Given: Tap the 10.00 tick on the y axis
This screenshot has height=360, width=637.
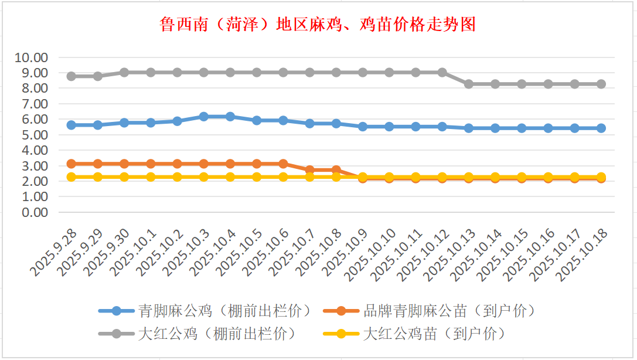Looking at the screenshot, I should [x=32, y=57].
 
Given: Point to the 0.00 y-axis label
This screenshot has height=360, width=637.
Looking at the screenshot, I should [x=34, y=212].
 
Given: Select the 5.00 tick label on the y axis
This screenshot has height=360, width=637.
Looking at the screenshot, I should [x=34, y=135].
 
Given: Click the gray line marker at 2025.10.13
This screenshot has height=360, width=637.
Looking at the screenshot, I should [x=469, y=84].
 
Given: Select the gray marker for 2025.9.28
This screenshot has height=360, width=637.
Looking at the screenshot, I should [x=71, y=76].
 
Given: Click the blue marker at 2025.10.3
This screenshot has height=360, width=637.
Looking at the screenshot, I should [x=204, y=117].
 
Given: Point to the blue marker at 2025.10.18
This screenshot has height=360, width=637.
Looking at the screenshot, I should [x=601, y=128].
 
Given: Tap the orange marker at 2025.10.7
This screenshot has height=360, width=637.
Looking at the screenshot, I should [x=310, y=170].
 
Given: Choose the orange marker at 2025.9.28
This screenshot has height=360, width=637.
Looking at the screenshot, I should [x=71, y=164].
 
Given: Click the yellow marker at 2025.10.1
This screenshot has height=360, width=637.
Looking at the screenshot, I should [x=151, y=176].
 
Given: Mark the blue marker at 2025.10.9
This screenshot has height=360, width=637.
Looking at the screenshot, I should [x=363, y=126].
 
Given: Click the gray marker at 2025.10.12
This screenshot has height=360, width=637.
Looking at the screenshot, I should [x=442, y=73].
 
